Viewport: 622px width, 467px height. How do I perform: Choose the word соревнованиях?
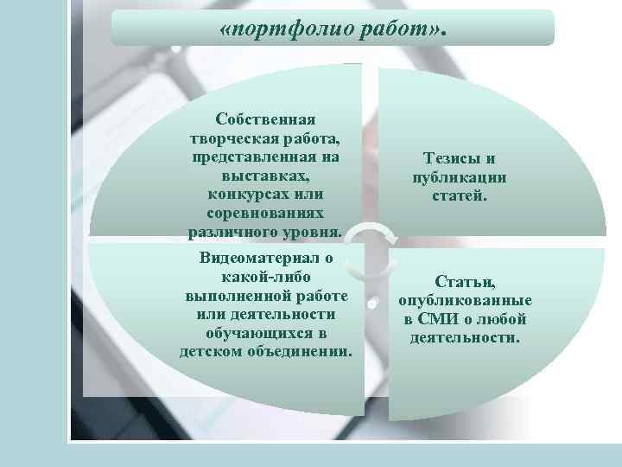(265, 213)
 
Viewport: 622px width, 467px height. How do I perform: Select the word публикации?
(460, 177)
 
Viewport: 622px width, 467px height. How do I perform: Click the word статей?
(460, 196)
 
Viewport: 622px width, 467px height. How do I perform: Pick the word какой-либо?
(266, 276)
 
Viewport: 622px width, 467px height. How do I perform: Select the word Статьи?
(466, 282)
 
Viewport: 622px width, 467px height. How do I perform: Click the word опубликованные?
(466, 301)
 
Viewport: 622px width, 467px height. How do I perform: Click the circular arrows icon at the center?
(373, 244)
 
